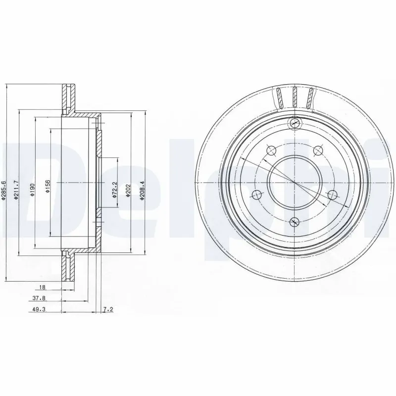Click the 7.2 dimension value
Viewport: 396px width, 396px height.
(108, 310)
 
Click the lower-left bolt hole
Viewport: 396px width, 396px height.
(256, 194)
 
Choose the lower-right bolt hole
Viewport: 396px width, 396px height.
(333, 194)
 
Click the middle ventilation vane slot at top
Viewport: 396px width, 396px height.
(295, 97)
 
